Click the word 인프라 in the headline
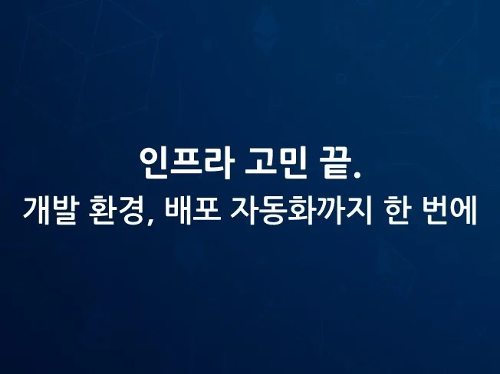(x=186, y=163)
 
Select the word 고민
(x=276, y=163)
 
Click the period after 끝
(x=358, y=174)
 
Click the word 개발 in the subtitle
(x=50, y=211)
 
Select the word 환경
(x=115, y=211)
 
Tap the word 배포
(x=192, y=211)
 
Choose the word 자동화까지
(x=301, y=211)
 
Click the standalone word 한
(x=396, y=211)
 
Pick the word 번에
(x=449, y=211)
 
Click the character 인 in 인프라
(x=155, y=163)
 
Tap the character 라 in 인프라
(x=219, y=163)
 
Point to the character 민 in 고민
(x=292, y=163)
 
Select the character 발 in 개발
(x=64, y=211)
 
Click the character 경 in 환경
(x=129, y=211)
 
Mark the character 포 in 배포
(x=206, y=211)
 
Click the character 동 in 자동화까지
(x=273, y=211)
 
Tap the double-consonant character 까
(x=330, y=211)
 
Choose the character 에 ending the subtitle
(x=463, y=211)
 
